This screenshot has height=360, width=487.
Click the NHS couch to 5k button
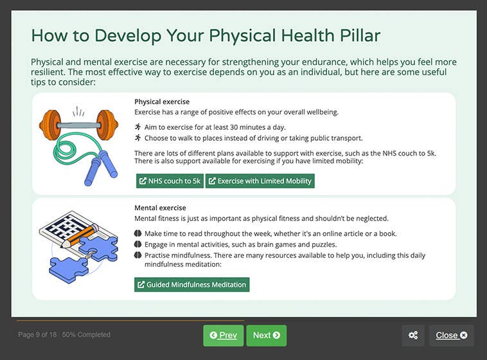click(170, 181)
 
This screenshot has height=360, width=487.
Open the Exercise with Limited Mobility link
click(260, 181)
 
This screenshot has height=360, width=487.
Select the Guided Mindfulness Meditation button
click(191, 285)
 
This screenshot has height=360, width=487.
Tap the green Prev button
click(223, 336)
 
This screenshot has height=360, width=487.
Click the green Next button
click(266, 336)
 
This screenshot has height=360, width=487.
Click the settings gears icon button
click(413, 336)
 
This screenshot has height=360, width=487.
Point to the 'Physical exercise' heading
click(162, 102)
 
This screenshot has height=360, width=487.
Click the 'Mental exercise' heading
click(160, 208)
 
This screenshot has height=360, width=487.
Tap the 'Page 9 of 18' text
click(37, 335)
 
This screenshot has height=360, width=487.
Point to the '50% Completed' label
click(86, 335)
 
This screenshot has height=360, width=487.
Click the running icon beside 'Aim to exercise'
click(137, 127)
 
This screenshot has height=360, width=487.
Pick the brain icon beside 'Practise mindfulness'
click(137, 255)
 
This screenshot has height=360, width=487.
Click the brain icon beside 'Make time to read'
click(137, 233)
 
